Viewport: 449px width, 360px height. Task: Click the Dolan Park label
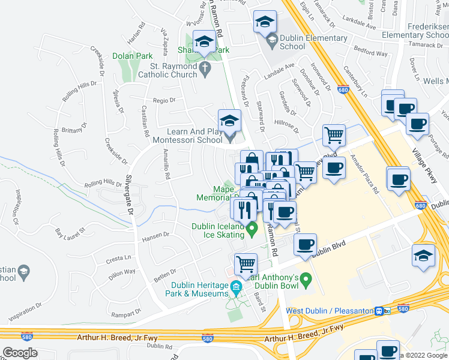132,56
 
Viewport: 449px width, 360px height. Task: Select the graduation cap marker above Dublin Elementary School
264,23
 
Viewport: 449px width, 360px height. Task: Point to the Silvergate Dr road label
128,197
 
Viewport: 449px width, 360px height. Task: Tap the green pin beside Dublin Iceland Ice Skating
253,227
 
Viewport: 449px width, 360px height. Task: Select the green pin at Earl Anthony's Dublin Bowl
306,279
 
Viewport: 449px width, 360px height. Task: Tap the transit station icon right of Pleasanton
379,311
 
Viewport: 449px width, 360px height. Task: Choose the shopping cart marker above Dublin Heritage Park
246,264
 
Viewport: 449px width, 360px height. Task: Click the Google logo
20,352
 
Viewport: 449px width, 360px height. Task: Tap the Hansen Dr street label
157,238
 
